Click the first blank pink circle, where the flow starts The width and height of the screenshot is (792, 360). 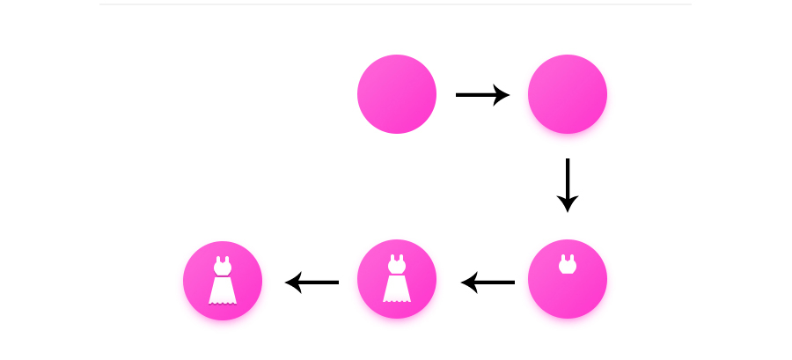point(397,94)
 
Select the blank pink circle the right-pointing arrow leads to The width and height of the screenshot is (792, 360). point(568,94)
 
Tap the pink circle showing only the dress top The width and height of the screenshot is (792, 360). point(568,279)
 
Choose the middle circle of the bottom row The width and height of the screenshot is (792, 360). point(397,279)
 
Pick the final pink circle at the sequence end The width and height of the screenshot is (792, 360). point(223,281)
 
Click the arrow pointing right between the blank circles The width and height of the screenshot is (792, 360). point(482,94)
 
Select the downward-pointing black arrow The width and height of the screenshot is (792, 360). point(568,185)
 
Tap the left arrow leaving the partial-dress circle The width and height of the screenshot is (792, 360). point(488,283)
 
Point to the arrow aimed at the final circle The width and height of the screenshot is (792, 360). point(312,283)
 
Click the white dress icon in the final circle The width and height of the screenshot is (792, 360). point(223,282)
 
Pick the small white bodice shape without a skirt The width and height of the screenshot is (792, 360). point(568,265)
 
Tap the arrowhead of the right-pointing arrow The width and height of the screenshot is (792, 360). point(502,94)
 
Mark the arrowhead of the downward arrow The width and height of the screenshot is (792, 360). point(568,204)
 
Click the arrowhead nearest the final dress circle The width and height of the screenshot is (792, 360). point(293,283)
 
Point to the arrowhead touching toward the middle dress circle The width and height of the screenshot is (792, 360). point(468,283)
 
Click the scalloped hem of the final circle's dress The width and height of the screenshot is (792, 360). point(223,301)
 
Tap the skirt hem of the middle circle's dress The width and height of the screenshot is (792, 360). point(397,299)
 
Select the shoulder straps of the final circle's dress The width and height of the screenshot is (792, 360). point(223,260)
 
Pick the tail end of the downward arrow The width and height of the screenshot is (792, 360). point(568,162)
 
